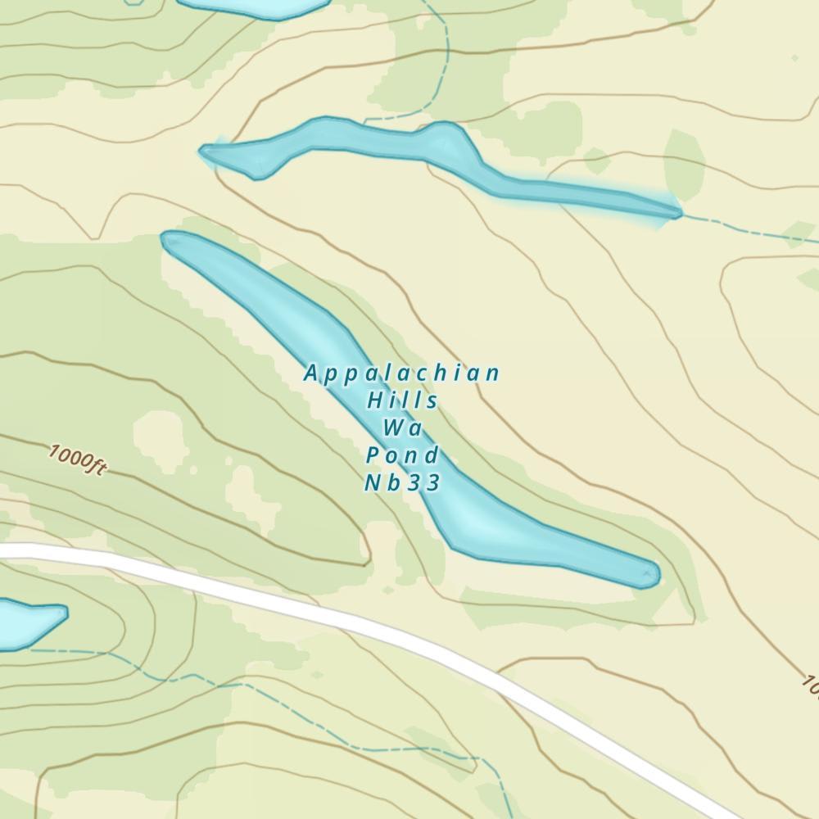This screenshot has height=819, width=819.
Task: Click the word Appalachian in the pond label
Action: point(401,374)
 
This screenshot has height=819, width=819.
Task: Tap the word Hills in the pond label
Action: point(402,401)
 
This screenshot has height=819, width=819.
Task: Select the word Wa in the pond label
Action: point(401,428)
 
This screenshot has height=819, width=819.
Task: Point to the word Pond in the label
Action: point(402,455)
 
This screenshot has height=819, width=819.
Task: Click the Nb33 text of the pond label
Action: point(402,482)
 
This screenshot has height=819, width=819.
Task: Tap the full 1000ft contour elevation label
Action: point(77,459)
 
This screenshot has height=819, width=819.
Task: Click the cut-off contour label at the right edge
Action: point(810,685)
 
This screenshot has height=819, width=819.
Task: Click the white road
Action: point(328,613)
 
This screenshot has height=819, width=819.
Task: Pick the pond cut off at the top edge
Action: point(254,7)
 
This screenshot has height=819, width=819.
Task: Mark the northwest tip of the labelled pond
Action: point(167,238)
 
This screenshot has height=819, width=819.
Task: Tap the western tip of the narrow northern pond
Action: point(205,151)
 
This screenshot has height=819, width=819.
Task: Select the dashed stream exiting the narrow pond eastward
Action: point(745,229)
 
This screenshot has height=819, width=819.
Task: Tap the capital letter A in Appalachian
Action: point(310,374)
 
